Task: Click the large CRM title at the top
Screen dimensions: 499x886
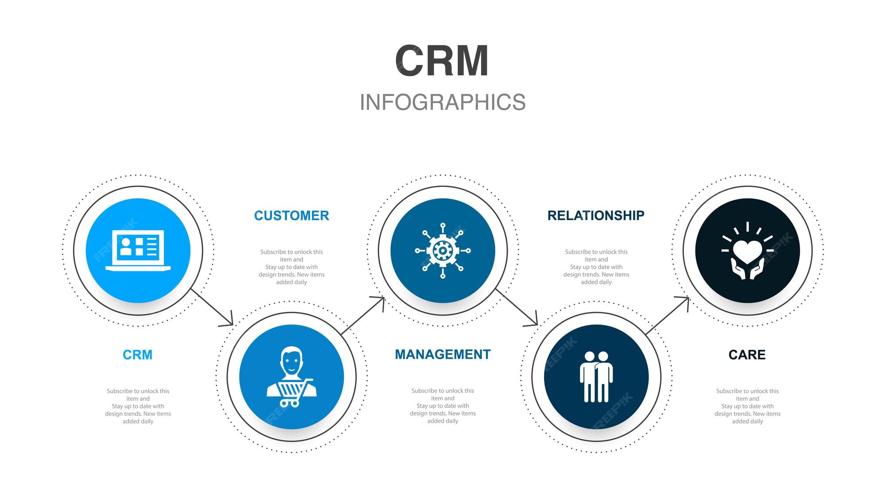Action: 442,61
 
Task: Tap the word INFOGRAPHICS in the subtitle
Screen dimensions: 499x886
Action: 443,102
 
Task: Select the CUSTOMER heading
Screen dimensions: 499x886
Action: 291,216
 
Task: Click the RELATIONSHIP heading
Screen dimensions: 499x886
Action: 596,216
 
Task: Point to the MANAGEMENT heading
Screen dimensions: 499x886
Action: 443,355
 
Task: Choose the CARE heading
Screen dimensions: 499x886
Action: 747,355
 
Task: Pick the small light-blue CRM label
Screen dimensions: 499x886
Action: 137,355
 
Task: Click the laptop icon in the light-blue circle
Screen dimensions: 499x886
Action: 138,250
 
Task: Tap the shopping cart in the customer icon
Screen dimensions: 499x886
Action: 292,392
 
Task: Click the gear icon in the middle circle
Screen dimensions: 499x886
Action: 443,251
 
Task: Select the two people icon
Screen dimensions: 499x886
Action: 596,376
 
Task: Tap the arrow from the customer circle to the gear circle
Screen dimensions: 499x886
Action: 362,315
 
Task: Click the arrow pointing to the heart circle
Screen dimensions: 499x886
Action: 667,315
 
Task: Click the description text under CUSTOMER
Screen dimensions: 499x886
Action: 291,267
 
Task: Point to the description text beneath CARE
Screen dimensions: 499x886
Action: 747,406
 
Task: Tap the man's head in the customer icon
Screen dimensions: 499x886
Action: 291,361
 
